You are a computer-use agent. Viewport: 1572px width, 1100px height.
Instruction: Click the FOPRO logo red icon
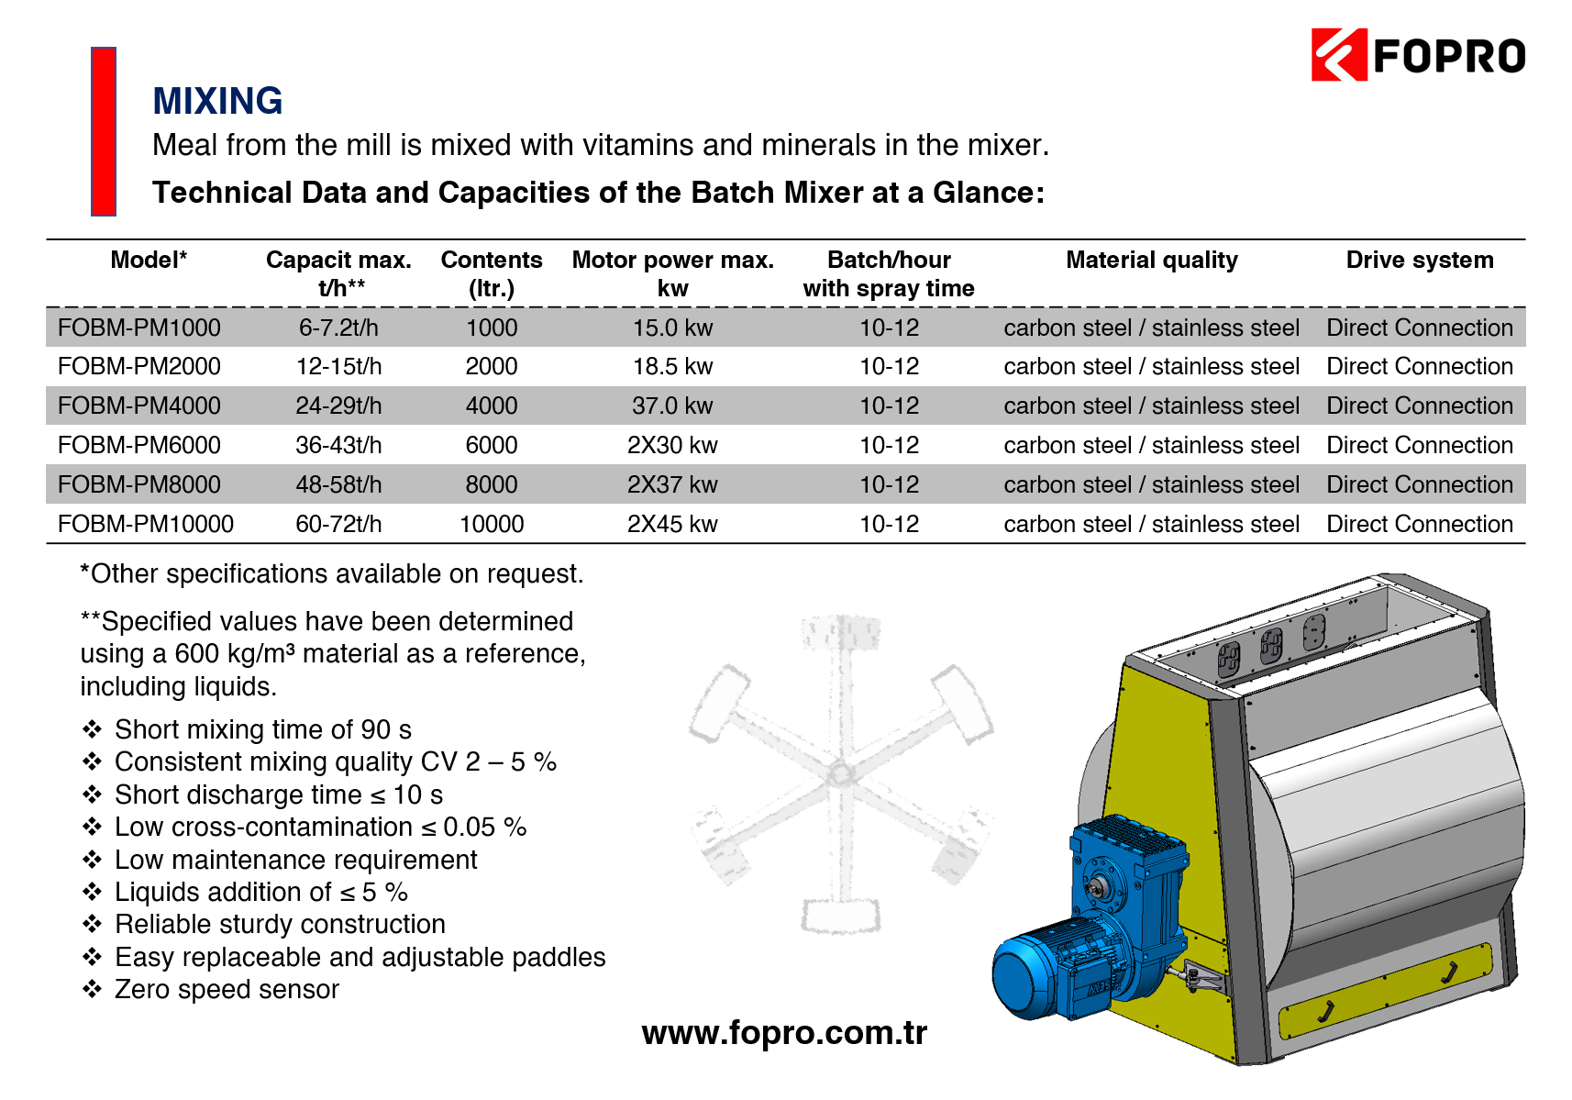(x=1338, y=55)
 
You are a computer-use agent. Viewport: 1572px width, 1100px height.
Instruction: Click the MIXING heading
(x=217, y=100)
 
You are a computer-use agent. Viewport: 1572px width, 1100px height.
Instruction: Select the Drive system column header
(x=1419, y=260)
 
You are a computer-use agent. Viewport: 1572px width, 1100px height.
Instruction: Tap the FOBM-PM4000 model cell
(x=139, y=406)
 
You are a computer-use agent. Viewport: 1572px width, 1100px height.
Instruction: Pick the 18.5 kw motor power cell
(x=672, y=366)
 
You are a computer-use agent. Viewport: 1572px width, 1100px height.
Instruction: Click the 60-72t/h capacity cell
(x=338, y=524)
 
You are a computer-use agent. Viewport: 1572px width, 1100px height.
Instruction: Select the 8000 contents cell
(x=492, y=484)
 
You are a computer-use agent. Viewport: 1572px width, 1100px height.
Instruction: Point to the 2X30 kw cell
(x=672, y=445)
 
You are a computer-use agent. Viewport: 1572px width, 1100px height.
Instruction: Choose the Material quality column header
(x=1152, y=260)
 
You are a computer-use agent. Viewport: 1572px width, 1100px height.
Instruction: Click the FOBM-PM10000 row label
(x=145, y=524)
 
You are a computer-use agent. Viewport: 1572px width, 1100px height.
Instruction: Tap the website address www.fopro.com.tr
(x=784, y=1033)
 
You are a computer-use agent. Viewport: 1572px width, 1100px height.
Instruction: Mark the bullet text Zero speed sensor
(x=227, y=989)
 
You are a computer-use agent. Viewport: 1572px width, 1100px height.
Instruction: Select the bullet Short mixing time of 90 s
(x=263, y=729)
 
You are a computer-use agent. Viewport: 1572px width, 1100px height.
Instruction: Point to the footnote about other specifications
(x=331, y=573)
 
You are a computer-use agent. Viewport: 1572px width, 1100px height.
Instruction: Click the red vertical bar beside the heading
(x=103, y=131)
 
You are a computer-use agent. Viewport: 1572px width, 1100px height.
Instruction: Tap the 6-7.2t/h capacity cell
(x=338, y=328)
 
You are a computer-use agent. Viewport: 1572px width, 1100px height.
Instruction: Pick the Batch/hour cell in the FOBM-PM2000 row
(x=889, y=366)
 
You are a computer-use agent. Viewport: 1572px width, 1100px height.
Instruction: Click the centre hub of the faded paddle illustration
(x=841, y=775)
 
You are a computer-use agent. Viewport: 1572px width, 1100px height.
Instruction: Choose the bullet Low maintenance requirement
(x=295, y=860)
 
